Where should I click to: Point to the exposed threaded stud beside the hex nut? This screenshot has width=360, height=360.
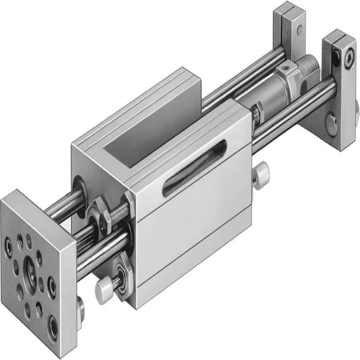coord(118,211)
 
